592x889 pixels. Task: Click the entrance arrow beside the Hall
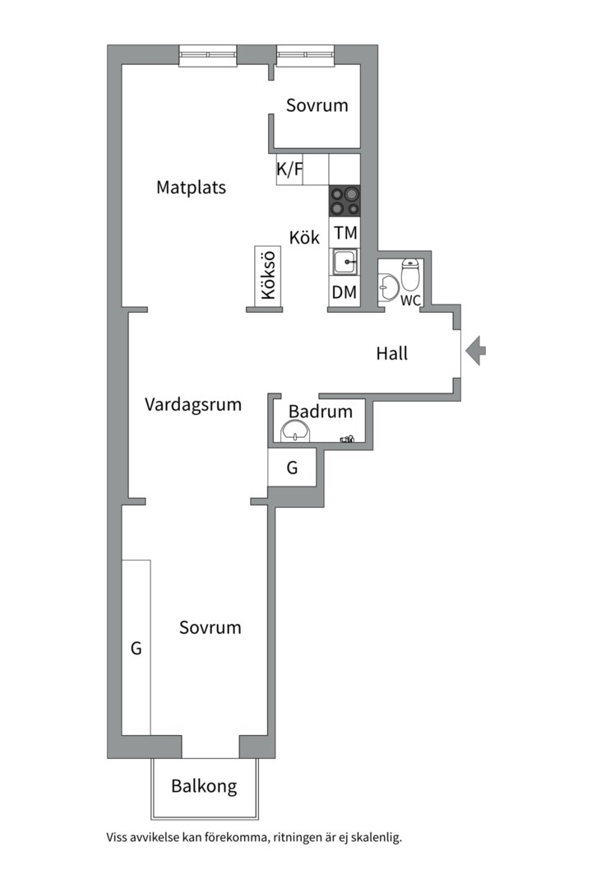475,351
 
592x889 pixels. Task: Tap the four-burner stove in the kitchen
345,201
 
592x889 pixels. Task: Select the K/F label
289,170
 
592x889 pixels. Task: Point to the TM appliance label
345,233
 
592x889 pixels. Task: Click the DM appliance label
345,291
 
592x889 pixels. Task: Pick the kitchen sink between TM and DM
345,263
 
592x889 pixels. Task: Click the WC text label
410,300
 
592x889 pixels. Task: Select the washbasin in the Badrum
294,431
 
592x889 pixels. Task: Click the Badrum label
320,412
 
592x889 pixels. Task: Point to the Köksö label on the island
266,278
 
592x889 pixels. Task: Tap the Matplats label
191,188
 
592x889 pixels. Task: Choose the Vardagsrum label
193,404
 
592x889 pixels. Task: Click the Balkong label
204,786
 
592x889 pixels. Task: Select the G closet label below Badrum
292,468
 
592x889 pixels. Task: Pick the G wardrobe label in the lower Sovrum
136,649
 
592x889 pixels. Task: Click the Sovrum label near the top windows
317,105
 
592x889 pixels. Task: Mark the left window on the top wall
207,56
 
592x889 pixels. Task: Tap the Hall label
392,354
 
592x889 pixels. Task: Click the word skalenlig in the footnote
374,838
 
